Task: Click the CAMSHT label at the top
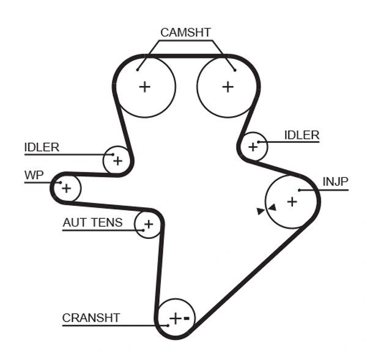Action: [185, 32]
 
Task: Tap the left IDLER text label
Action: [42, 147]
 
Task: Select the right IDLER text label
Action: [302, 135]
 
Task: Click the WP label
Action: [34, 175]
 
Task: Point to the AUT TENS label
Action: [92, 223]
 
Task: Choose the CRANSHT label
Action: [91, 318]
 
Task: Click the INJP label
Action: [335, 182]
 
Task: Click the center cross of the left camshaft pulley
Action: [144, 87]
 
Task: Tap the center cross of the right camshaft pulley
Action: [228, 87]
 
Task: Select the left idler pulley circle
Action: [117, 161]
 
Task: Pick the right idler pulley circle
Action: [253, 147]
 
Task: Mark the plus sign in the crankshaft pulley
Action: [176, 318]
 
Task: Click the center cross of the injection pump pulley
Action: [292, 200]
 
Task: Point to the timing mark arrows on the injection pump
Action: [267, 210]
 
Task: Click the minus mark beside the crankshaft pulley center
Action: [188, 318]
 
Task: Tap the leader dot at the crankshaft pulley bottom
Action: [168, 325]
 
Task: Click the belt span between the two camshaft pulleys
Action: [186, 57]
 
